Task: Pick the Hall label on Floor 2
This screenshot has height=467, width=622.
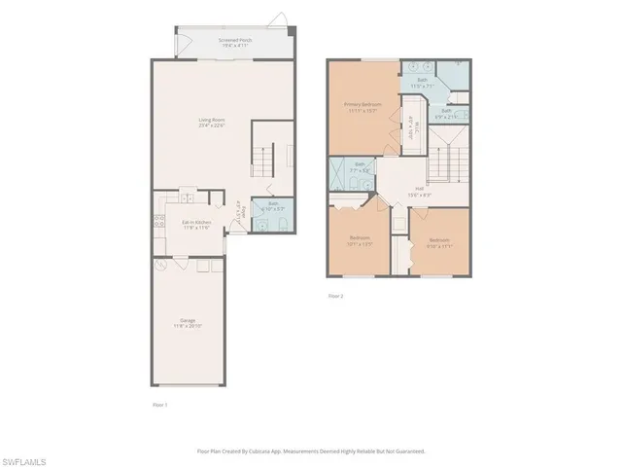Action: coord(420,191)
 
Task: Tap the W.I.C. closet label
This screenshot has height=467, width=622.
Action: coord(410,126)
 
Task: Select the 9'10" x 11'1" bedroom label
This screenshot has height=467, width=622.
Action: coord(439,241)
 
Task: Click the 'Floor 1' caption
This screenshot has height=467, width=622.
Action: coord(160,404)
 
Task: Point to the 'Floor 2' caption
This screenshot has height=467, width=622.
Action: coord(335,296)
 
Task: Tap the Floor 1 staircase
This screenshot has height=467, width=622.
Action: coord(264,156)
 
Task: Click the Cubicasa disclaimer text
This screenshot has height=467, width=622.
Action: coord(310,450)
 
